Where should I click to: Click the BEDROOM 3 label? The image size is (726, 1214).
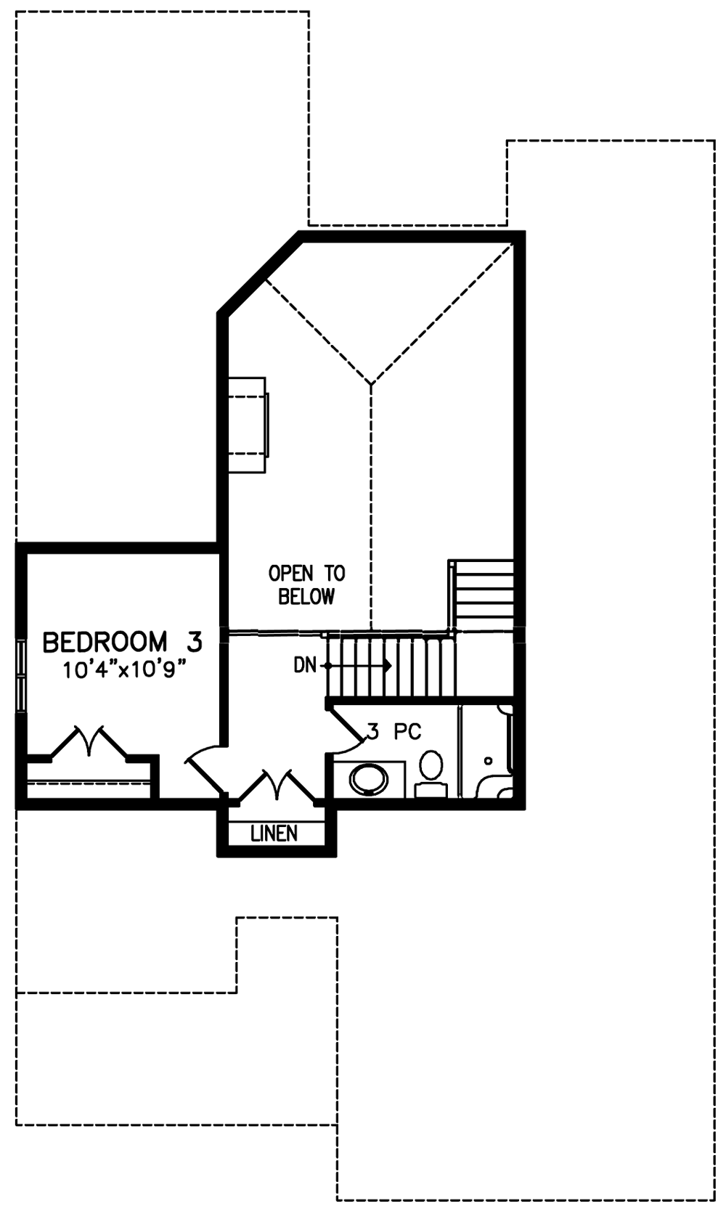point(123,643)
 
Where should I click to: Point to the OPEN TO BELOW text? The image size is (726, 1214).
point(306,584)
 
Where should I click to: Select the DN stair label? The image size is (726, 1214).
point(305,665)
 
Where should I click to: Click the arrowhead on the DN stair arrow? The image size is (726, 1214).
point(388,665)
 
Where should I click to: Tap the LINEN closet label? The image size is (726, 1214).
point(274,834)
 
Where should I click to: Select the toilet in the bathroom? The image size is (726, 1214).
point(431,773)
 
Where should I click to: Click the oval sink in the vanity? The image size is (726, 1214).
point(369,779)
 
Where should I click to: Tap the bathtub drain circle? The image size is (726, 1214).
point(488,760)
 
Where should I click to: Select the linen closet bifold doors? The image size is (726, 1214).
point(277,784)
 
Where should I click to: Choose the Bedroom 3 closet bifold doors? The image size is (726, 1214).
point(89,741)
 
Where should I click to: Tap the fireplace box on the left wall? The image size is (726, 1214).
point(247,425)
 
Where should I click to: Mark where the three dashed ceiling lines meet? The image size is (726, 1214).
point(371,383)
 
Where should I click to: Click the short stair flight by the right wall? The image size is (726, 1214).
point(481,595)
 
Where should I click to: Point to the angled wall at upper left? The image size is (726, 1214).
point(260,273)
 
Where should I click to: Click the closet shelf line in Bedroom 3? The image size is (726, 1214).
point(88,781)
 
